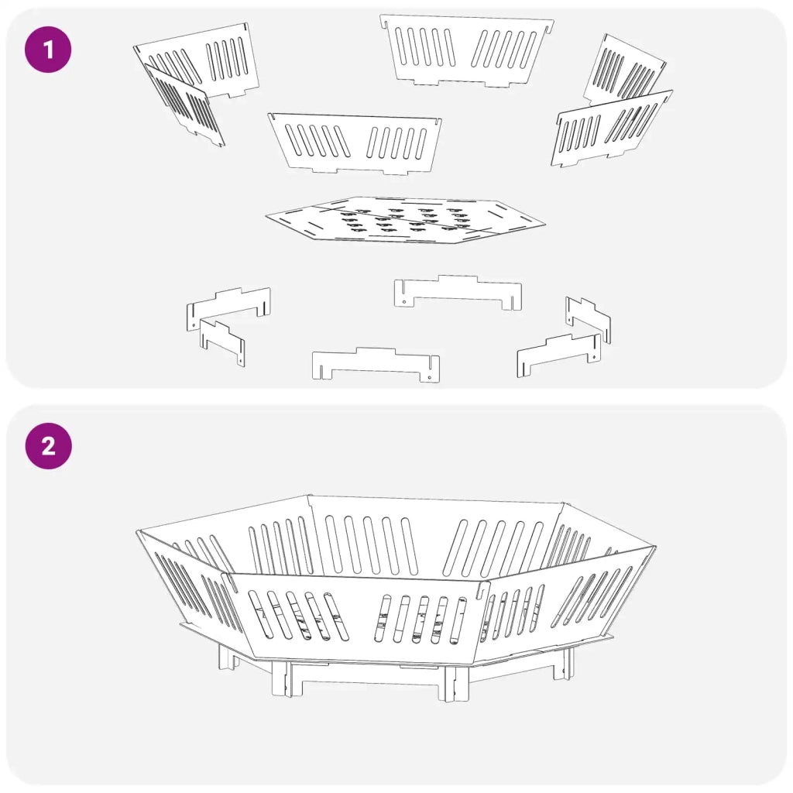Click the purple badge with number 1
(48, 50)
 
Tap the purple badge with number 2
(49, 446)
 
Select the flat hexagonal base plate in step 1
(405, 220)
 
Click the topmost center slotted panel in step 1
(466, 50)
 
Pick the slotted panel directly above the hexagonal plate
(355, 143)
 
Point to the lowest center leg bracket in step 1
(376, 365)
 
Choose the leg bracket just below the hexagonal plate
(458, 292)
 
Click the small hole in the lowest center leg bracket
(429, 377)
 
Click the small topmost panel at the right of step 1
(623, 68)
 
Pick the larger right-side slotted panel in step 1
(611, 129)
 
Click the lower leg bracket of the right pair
(559, 354)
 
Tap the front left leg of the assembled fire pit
(282, 678)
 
